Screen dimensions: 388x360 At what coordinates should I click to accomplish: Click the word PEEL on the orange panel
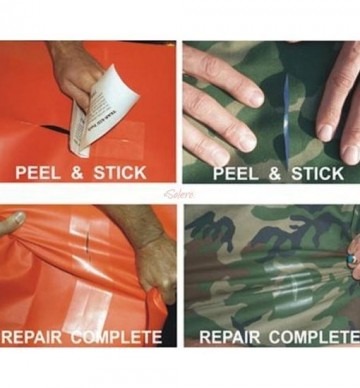click(x=43, y=173)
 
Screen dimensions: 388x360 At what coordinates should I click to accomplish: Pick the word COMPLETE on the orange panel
click(x=123, y=336)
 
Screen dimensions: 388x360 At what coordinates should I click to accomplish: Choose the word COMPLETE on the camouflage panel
click(x=310, y=337)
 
